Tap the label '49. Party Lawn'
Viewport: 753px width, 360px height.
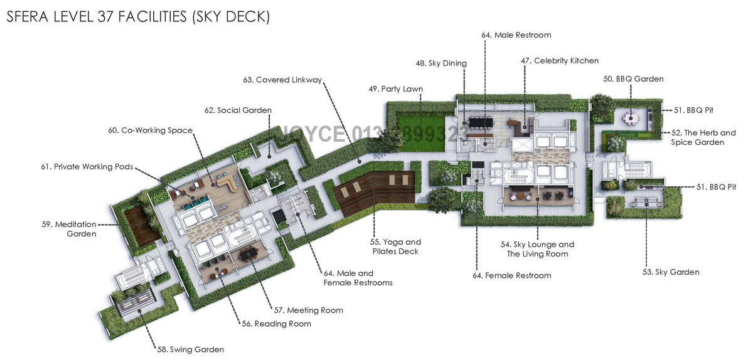[x=395, y=89]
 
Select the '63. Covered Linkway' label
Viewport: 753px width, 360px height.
[x=282, y=80]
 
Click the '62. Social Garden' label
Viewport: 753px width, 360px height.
[x=238, y=110]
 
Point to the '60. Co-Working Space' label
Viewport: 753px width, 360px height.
[x=150, y=130]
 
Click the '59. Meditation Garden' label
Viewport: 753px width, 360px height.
[x=75, y=229]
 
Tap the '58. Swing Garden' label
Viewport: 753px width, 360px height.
[x=190, y=349]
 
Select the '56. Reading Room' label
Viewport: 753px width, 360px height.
[x=277, y=324]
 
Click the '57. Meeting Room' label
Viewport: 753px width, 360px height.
[x=309, y=310]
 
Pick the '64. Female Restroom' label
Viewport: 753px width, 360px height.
[x=512, y=275]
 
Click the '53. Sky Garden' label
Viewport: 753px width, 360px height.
[x=671, y=272]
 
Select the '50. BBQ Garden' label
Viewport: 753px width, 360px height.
[x=633, y=79]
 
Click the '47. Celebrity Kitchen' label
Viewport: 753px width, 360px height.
[x=560, y=61]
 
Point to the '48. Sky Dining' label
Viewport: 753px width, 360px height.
[x=441, y=63]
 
